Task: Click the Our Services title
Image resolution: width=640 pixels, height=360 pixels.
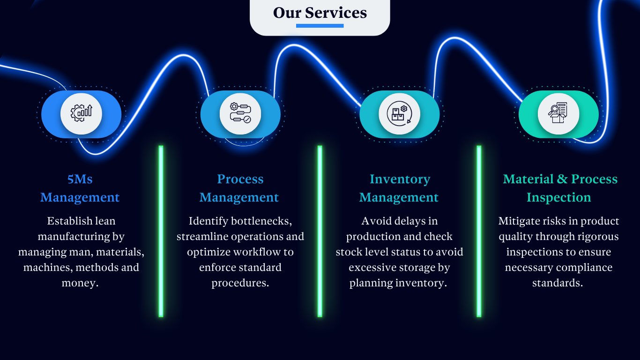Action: pyautogui.click(x=320, y=13)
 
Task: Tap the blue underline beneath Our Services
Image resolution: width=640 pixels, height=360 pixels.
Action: pyautogui.click(x=320, y=26)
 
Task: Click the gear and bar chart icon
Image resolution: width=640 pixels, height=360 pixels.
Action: pyautogui.click(x=81, y=113)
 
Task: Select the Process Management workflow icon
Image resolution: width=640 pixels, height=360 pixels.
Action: pyautogui.click(x=240, y=113)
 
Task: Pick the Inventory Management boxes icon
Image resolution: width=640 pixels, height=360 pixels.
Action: pyautogui.click(x=399, y=113)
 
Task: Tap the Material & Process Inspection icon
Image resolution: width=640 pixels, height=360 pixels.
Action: pyautogui.click(x=558, y=113)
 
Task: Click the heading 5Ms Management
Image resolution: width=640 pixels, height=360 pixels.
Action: pyautogui.click(x=80, y=188)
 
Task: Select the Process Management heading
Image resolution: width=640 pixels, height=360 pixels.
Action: pyautogui.click(x=239, y=188)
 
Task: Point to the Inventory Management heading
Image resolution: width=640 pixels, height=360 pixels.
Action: pyautogui.click(x=399, y=188)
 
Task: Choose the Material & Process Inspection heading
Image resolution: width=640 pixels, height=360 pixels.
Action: pyautogui.click(x=560, y=188)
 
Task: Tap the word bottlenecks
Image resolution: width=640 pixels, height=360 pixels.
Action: pyautogui.click(x=265, y=221)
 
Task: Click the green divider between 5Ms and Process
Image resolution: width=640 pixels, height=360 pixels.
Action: pyautogui.click(x=161, y=231)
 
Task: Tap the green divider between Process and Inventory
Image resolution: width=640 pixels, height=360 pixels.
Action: pyautogui.click(x=320, y=231)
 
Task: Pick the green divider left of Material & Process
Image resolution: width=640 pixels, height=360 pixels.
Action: pyautogui.click(x=479, y=231)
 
